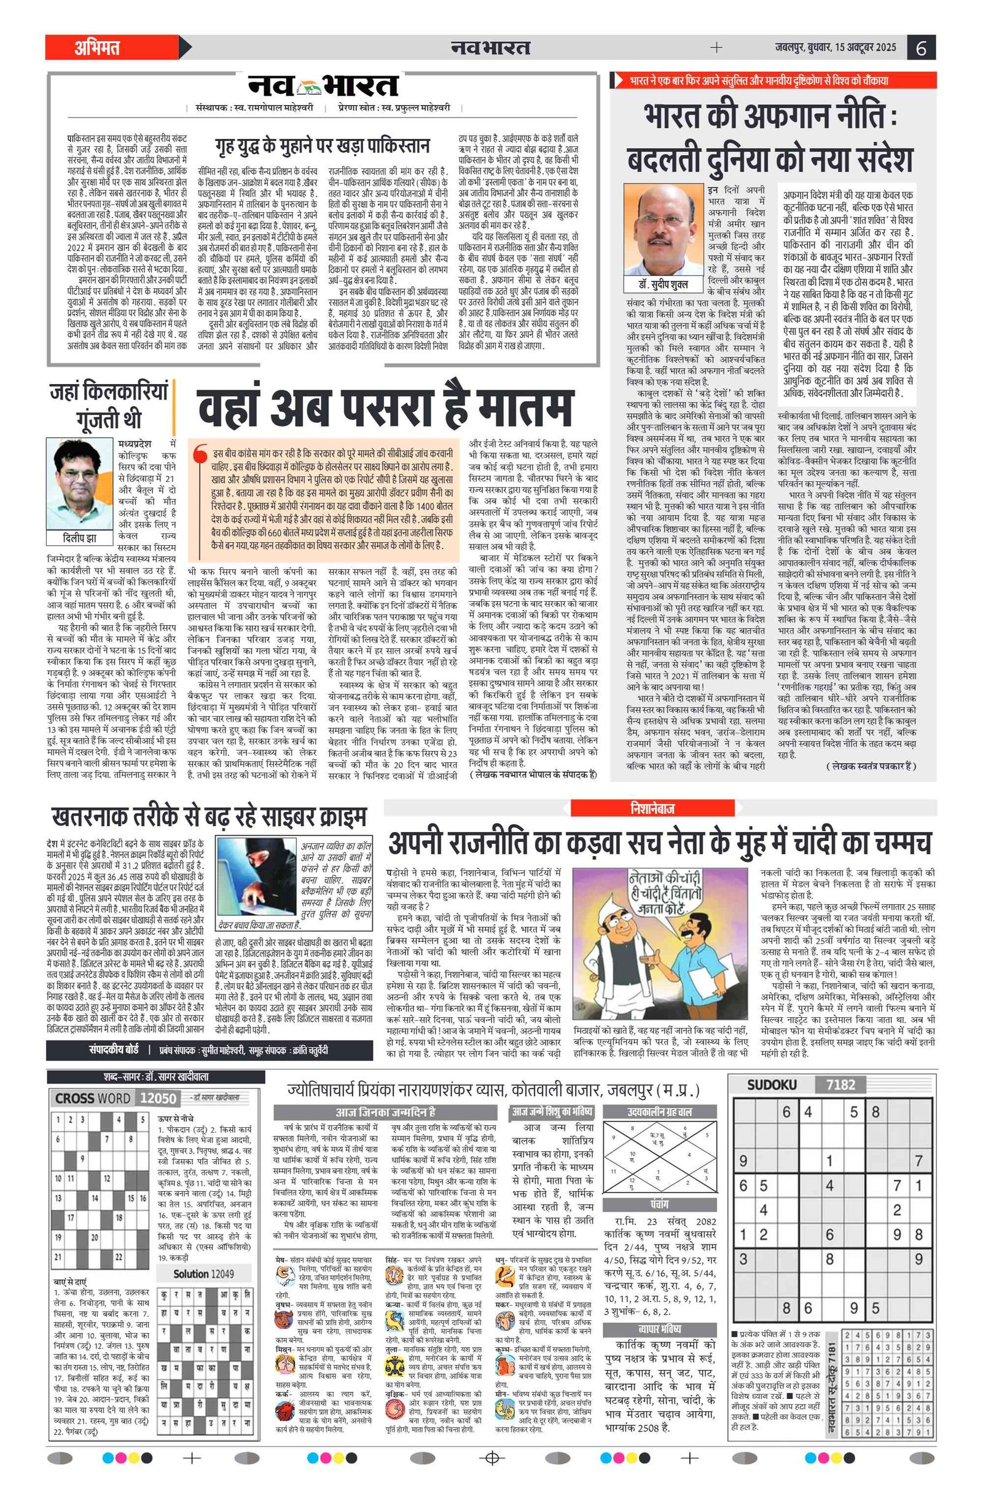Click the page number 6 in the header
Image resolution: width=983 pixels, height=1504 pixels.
point(921,48)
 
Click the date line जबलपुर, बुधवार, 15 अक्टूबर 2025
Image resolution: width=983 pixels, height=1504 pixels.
point(835,47)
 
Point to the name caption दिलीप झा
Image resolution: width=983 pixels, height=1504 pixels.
point(80,538)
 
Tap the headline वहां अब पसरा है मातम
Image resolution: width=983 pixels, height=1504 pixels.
point(385,408)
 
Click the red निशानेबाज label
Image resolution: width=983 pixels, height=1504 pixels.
point(652,808)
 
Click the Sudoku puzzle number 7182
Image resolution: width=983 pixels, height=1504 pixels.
point(840,1085)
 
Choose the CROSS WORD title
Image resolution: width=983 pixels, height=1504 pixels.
point(92,1098)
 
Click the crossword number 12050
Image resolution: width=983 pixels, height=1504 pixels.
point(157,1098)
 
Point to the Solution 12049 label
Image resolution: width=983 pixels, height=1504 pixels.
point(203,1274)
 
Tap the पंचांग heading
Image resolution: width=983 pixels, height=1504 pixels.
point(660,1205)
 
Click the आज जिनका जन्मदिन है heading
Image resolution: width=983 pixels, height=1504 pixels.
point(385,1112)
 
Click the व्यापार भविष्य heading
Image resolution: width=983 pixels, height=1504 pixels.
point(660,1329)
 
